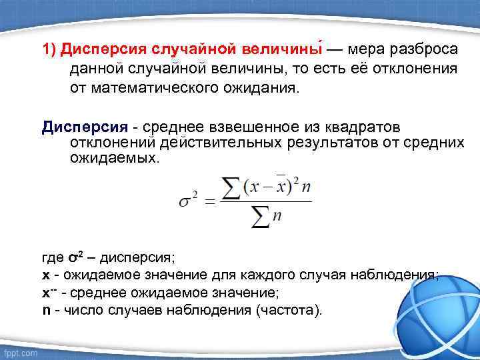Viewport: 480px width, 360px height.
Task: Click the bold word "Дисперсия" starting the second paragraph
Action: pos(75,127)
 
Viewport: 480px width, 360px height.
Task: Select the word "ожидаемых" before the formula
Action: pos(113,159)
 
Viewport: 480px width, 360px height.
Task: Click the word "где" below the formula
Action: pos(54,258)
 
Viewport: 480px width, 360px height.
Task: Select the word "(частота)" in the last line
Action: pos(291,310)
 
